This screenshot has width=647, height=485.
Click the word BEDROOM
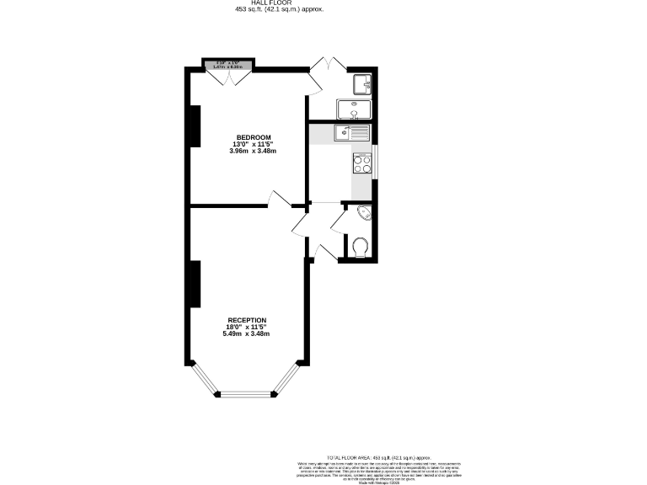(x=253, y=137)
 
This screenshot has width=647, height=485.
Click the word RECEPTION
(x=247, y=321)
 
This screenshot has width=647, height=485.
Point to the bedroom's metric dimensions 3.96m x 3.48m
(x=253, y=151)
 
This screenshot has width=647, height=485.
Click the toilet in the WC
(x=361, y=247)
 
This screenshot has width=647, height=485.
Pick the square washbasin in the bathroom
(x=362, y=83)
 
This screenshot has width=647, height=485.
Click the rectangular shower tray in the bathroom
(x=351, y=109)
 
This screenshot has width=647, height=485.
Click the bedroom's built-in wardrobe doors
(x=228, y=76)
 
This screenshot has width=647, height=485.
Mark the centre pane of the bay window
(x=247, y=393)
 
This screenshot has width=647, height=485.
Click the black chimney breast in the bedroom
(x=195, y=126)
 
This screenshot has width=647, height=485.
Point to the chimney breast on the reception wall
(x=195, y=284)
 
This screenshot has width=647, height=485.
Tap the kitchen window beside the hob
(x=376, y=163)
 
